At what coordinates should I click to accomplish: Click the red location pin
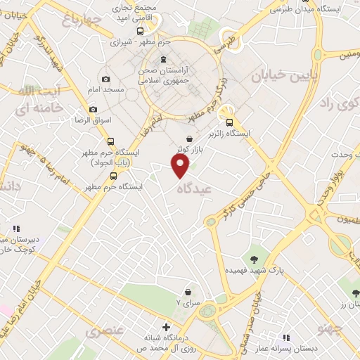coord(181,165)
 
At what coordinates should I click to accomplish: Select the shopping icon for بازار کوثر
coord(191,139)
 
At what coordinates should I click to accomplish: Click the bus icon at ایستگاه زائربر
coord(229,122)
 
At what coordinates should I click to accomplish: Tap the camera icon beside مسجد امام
coord(105,79)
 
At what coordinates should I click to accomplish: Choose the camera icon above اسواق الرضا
coord(94,109)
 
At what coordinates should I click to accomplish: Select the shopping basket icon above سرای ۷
coord(188,292)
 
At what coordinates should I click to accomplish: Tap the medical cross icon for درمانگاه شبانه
coord(166,327)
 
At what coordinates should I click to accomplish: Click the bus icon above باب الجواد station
coord(110,141)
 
